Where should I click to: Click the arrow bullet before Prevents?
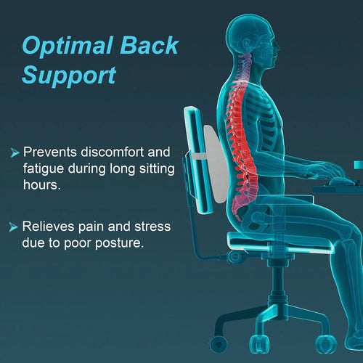point(14,153)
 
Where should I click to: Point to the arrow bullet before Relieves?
point(14,227)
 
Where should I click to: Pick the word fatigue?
point(43,170)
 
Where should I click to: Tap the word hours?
point(42,187)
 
